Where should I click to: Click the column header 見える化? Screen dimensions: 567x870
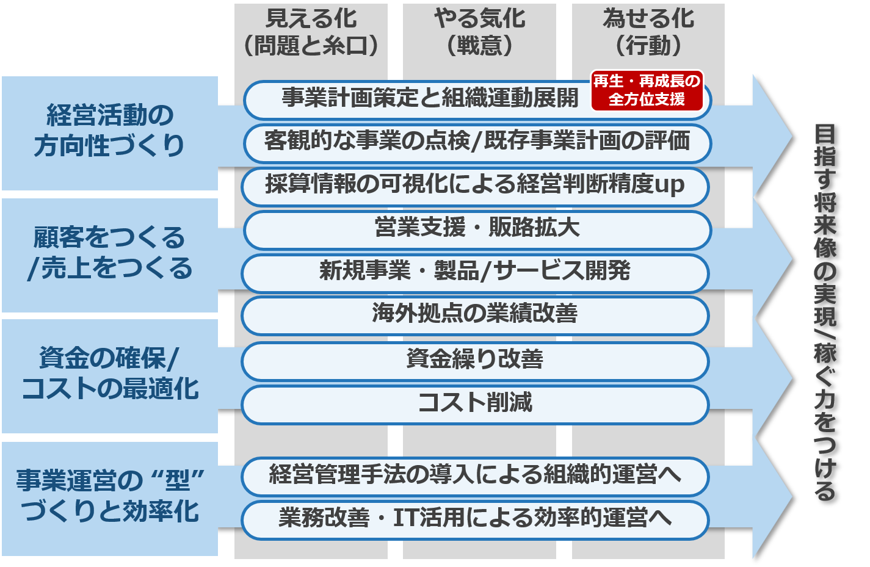coord(311,18)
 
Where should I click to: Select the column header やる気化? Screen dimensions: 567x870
coord(479,18)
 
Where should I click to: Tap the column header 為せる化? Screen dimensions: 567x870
coord(648,18)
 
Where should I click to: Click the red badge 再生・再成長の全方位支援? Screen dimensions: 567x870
coord(647,90)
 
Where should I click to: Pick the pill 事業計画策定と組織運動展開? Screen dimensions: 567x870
coord(427,98)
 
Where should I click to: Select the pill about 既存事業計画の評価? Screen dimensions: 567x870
coord(477,142)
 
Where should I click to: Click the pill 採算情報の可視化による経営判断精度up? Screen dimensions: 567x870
coord(475,185)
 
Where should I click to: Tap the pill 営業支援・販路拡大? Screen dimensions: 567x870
coord(477,229)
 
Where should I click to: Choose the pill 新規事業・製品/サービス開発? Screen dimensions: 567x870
coord(475,272)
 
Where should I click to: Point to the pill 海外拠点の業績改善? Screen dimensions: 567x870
coord(475,314)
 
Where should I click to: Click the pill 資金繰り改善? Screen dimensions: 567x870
coord(475,359)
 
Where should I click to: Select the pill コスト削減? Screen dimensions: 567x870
coord(475,403)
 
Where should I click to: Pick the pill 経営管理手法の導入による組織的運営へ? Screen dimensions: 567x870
coord(475,475)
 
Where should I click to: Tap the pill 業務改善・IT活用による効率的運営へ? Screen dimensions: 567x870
coord(475,519)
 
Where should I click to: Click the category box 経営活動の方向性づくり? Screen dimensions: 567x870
coord(110,131)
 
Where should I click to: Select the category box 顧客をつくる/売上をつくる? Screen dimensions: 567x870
coord(110,253)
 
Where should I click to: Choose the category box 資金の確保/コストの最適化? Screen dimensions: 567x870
coord(110,374)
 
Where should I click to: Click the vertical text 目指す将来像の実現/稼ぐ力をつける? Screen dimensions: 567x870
coord(825,311)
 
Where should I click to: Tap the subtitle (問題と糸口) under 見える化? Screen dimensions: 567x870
coord(311,46)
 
